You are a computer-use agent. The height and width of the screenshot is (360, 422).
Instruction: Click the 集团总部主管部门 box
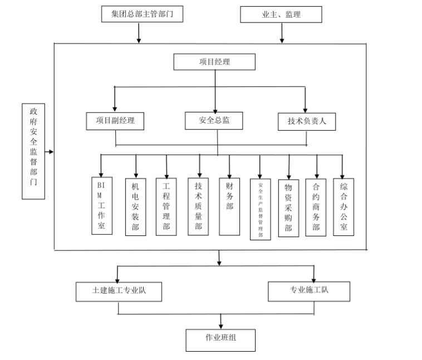click(141, 14)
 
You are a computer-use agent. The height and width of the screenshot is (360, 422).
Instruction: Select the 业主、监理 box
click(281, 14)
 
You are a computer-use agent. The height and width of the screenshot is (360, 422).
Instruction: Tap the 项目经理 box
click(214, 62)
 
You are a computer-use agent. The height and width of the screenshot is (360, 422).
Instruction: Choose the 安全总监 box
click(214, 120)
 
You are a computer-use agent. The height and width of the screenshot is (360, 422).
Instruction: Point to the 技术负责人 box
click(307, 121)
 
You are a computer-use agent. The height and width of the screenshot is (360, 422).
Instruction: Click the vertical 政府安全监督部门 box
click(33, 151)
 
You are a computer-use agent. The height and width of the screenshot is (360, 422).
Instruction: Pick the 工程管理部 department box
click(166, 206)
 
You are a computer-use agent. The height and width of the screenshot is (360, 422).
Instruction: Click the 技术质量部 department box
click(199, 205)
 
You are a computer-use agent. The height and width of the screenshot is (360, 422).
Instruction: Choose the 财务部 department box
click(229, 205)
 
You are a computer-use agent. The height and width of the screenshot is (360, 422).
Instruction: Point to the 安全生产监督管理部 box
click(261, 209)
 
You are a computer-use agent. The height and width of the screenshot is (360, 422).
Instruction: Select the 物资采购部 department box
click(288, 208)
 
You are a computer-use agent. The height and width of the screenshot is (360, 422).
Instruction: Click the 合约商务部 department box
click(316, 207)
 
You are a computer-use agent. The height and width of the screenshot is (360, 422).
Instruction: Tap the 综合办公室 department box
click(344, 206)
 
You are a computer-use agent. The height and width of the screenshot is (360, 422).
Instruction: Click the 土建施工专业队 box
click(119, 290)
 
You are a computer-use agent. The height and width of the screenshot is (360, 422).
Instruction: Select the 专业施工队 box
click(309, 290)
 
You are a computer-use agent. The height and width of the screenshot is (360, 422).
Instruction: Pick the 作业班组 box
click(220, 339)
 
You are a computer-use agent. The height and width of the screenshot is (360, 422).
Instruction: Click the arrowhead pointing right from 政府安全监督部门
click(51, 151)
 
